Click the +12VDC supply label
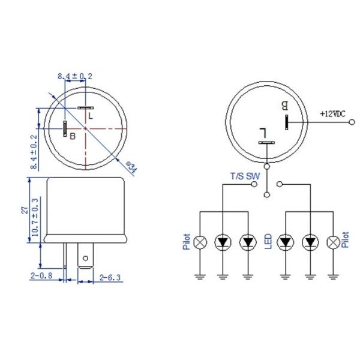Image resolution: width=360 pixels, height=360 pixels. pos(332,113)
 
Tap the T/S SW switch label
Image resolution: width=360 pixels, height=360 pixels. pos(245,176)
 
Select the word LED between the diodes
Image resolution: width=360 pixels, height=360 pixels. pos(268,241)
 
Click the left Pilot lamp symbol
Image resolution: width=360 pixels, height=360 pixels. pos(200,242)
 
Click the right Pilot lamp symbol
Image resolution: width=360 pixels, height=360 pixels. pos(333,242)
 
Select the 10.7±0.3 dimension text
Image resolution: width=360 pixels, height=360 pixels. pos(34,217)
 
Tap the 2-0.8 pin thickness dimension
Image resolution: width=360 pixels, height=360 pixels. pos(41,275)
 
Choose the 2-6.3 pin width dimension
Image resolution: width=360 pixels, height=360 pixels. pos(110,278)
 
